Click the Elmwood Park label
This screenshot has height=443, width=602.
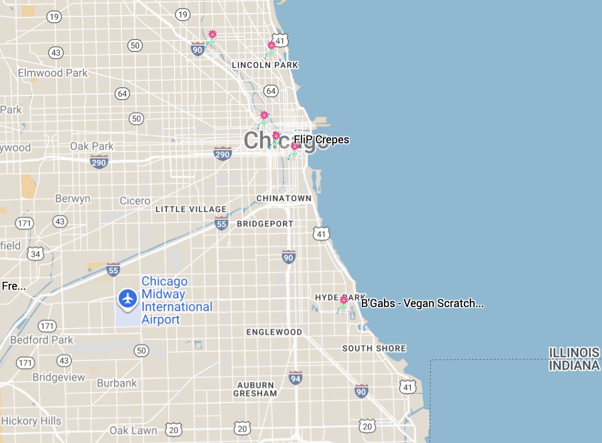pyautogui.click(x=53, y=73)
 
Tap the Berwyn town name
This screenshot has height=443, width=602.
pyautogui.click(x=73, y=199)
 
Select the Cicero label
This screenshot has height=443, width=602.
pyautogui.click(x=135, y=201)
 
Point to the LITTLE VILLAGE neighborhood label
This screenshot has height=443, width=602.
pyautogui.click(x=191, y=209)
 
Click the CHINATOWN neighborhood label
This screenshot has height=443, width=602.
pyautogui.click(x=284, y=198)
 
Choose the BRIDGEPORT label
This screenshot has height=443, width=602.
pyautogui.click(x=265, y=224)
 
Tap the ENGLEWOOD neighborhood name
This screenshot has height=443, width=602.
pyautogui.click(x=274, y=332)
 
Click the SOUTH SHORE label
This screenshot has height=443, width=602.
pyautogui.click(x=374, y=348)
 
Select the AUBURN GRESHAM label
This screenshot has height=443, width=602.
pyautogui.click(x=255, y=389)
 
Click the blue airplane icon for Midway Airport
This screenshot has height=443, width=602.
pyautogui.click(x=128, y=299)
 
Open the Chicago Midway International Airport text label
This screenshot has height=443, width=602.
pyautogui.click(x=176, y=301)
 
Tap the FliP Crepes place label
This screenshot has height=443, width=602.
pyautogui.click(x=321, y=140)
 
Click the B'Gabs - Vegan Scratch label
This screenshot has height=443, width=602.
pyautogui.click(x=422, y=303)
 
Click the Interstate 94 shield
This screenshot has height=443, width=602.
pyautogui.click(x=296, y=378)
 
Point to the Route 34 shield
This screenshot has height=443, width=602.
pyautogui.click(x=35, y=254)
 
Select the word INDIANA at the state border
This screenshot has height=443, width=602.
pyautogui.click(x=574, y=366)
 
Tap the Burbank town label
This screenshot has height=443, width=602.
pyautogui.click(x=117, y=383)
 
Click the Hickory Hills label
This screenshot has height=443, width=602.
pyautogui.click(x=31, y=421)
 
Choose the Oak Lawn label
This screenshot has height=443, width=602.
pyautogui.click(x=133, y=430)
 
